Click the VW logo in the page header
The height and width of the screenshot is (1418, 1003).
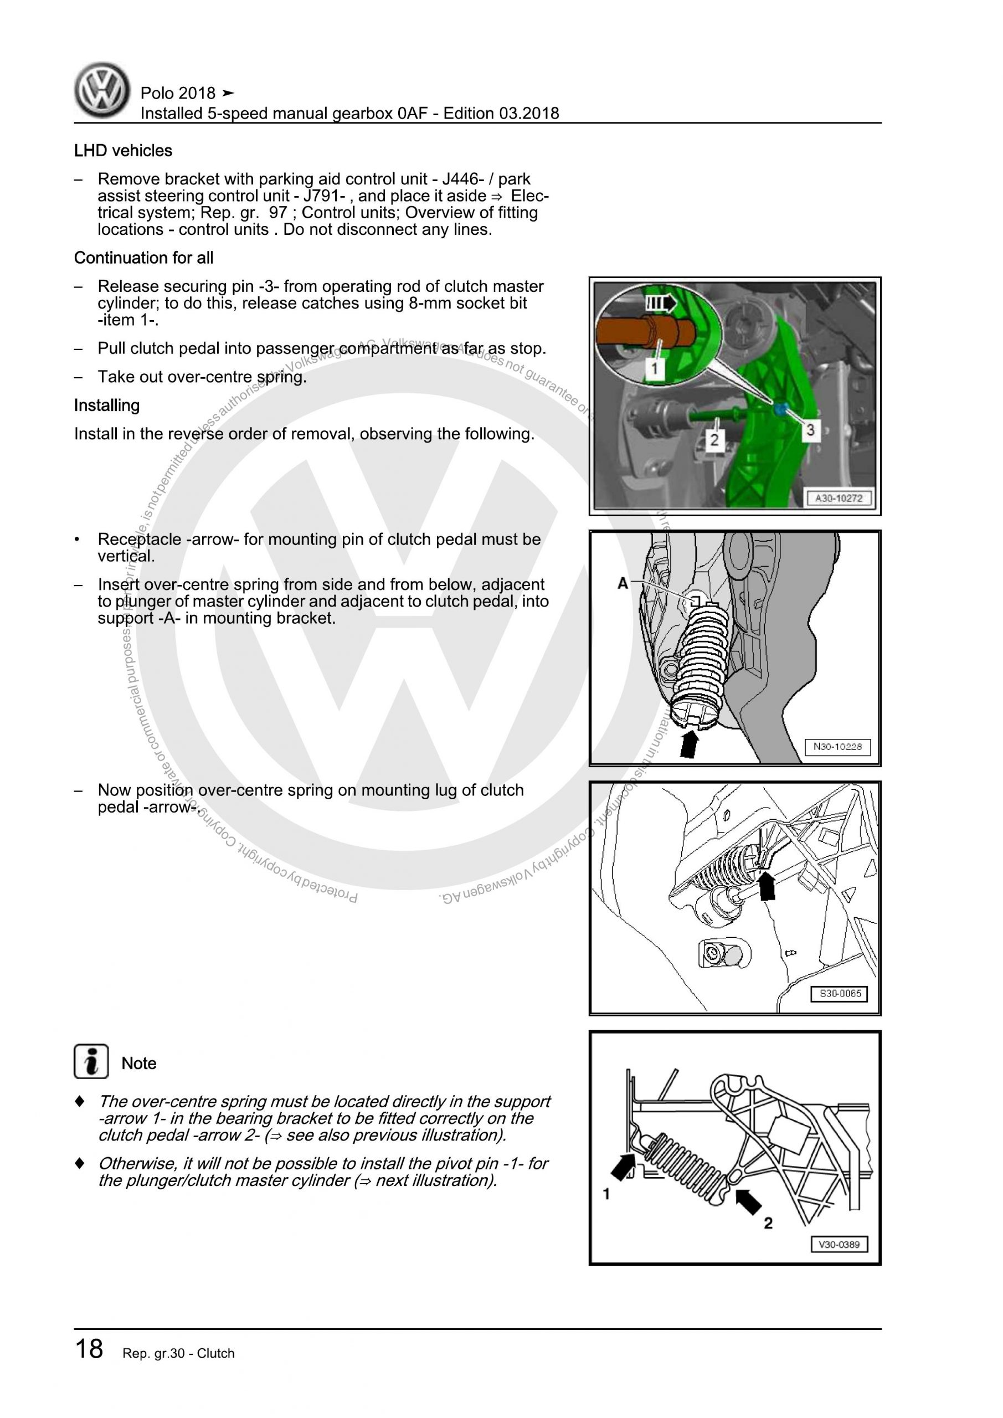[102, 90]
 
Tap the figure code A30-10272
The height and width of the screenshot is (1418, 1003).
[838, 499]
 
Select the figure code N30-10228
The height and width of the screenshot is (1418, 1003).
[837, 747]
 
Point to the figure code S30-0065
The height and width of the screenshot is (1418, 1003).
[839, 994]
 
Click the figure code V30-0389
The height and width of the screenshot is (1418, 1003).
[839, 1245]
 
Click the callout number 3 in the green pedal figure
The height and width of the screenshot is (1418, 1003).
[810, 430]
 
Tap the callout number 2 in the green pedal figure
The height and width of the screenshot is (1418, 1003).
[714, 440]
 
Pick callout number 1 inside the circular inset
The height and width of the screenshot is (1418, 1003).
[654, 369]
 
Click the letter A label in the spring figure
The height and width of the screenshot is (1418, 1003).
[623, 583]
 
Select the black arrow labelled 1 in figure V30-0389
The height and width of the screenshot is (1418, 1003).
[623, 1167]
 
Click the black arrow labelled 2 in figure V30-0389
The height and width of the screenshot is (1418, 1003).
[749, 1201]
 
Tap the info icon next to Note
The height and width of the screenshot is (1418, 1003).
[91, 1062]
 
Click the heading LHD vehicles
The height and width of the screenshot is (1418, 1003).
[123, 151]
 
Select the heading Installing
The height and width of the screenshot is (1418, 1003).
[107, 405]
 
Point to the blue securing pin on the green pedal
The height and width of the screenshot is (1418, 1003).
[780, 408]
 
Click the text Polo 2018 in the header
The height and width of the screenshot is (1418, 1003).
[178, 93]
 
